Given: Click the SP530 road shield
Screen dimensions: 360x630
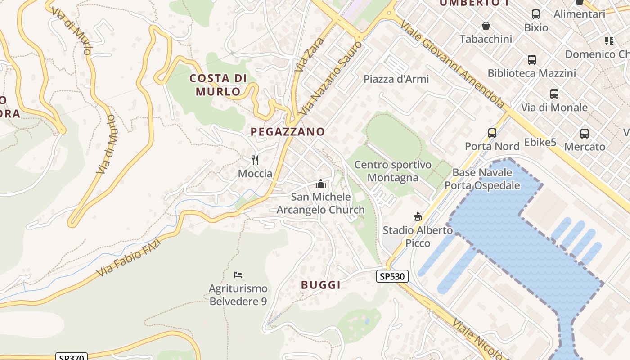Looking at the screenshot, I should (x=392, y=276).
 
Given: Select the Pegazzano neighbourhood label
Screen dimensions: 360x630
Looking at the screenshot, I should (x=288, y=131).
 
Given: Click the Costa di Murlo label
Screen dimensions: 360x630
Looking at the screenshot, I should (x=218, y=85).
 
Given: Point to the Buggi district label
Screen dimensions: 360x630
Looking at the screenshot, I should (x=320, y=284).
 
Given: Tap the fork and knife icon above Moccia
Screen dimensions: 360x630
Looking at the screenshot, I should (x=255, y=160).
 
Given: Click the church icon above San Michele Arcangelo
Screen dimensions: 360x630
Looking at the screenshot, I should (x=320, y=184).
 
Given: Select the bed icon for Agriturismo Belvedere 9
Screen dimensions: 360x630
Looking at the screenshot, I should (x=238, y=274).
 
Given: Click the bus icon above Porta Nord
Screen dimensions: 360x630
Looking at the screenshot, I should (x=492, y=133).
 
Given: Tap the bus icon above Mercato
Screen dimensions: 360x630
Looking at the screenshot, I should (x=584, y=134).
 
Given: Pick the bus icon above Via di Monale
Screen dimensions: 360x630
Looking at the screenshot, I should (x=554, y=94).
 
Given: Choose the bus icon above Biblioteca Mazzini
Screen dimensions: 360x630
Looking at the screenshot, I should (x=531, y=59).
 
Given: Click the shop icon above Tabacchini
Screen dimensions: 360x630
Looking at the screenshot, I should (x=486, y=26).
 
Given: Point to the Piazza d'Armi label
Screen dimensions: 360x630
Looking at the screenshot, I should (x=396, y=79).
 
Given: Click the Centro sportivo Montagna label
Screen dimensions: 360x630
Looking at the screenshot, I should (x=393, y=171).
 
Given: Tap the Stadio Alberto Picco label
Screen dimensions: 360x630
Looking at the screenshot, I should (x=418, y=237).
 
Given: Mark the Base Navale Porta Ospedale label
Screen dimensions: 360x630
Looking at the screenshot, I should (x=482, y=179).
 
